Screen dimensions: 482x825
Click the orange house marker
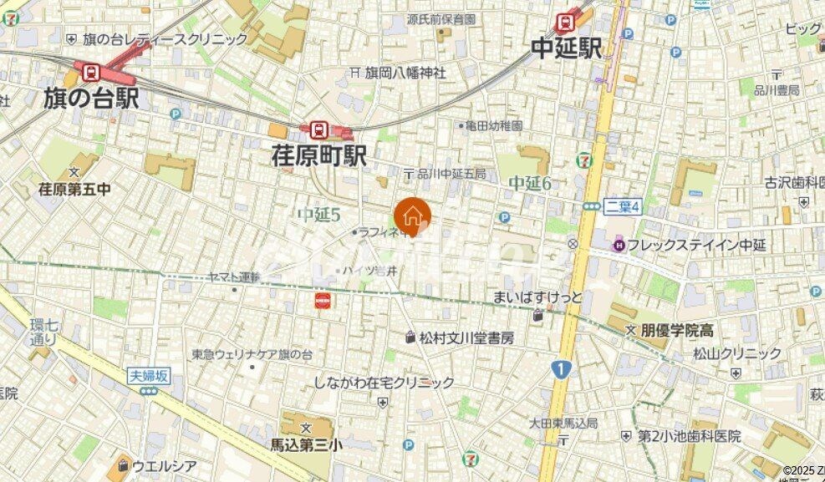[x=411, y=216]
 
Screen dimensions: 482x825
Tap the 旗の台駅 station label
[x=91, y=99]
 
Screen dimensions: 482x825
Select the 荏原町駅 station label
[x=319, y=155]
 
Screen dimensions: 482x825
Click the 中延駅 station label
[x=566, y=48]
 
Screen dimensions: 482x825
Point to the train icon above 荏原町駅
[x=318, y=129]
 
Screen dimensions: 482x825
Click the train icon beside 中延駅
[x=565, y=21]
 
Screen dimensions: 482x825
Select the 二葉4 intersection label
[x=622, y=206]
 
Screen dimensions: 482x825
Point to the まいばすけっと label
[x=537, y=297]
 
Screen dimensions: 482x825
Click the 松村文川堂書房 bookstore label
[x=466, y=337]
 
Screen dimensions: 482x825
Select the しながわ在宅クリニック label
[x=384, y=383]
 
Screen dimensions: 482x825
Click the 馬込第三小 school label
[x=306, y=444]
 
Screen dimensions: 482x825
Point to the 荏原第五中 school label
[x=74, y=189]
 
